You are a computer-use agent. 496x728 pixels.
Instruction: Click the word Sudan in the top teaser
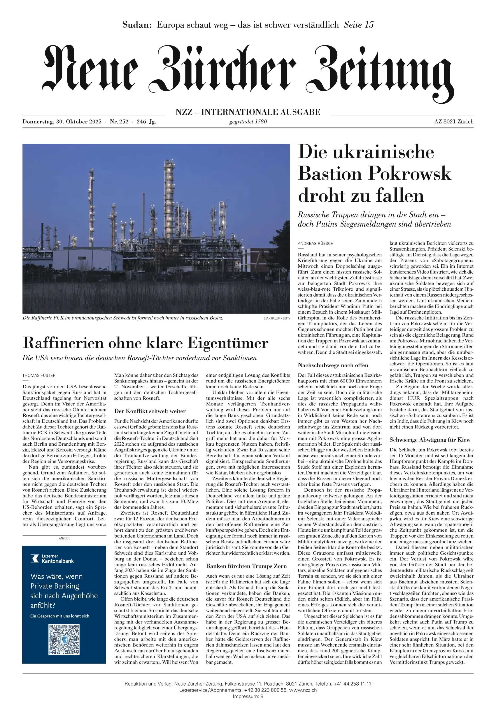[x=137, y=25]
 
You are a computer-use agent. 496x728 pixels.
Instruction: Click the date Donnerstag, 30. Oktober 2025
[x=62, y=122]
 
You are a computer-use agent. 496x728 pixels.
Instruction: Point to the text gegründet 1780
[x=248, y=122]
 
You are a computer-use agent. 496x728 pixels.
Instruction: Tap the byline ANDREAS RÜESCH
[x=315, y=243]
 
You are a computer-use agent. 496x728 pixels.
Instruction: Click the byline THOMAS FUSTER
[x=39, y=375]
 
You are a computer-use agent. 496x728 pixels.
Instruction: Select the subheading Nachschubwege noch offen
[x=333, y=365]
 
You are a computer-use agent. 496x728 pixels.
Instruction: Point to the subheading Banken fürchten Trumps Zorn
[x=246, y=566]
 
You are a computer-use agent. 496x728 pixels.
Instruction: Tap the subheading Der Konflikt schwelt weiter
[x=150, y=411]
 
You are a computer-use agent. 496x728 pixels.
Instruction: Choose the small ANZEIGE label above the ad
[x=64, y=538]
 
